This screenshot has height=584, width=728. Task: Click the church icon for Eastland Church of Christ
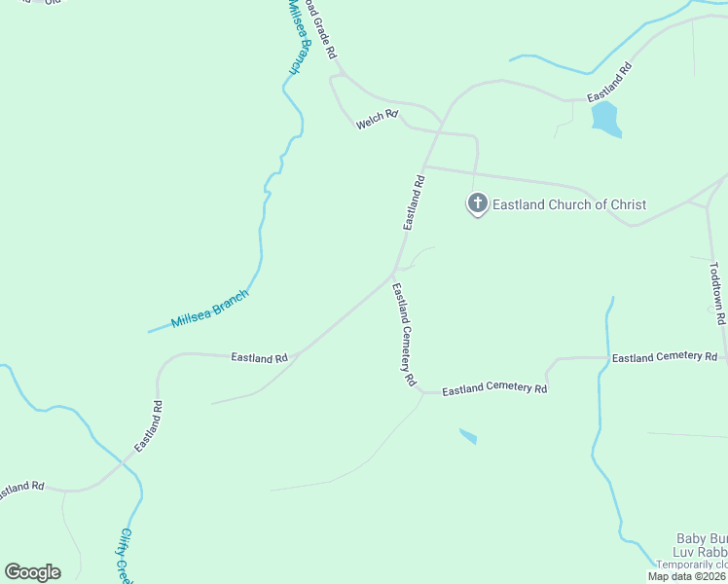tap(477, 204)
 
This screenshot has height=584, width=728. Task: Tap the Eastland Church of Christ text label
tap(569, 204)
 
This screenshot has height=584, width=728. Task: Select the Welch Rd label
tap(378, 120)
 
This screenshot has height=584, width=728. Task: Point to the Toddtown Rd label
tap(717, 293)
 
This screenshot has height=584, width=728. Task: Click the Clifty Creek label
tap(125, 554)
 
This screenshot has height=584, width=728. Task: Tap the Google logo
tap(32, 572)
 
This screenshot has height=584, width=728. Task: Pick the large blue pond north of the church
tap(605, 119)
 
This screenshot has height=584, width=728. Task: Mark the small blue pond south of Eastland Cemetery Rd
tap(468, 436)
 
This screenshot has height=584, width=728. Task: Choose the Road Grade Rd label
tap(320, 28)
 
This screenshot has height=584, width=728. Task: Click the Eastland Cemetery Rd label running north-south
tap(404, 334)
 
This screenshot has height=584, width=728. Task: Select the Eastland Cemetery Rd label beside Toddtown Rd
tap(664, 358)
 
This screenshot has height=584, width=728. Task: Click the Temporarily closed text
tap(691, 565)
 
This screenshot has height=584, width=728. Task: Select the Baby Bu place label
tap(702, 538)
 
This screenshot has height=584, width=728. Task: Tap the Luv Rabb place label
tap(702, 552)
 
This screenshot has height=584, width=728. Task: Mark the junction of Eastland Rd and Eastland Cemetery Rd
tap(392, 275)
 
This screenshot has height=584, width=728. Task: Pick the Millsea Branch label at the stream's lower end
tap(210, 309)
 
